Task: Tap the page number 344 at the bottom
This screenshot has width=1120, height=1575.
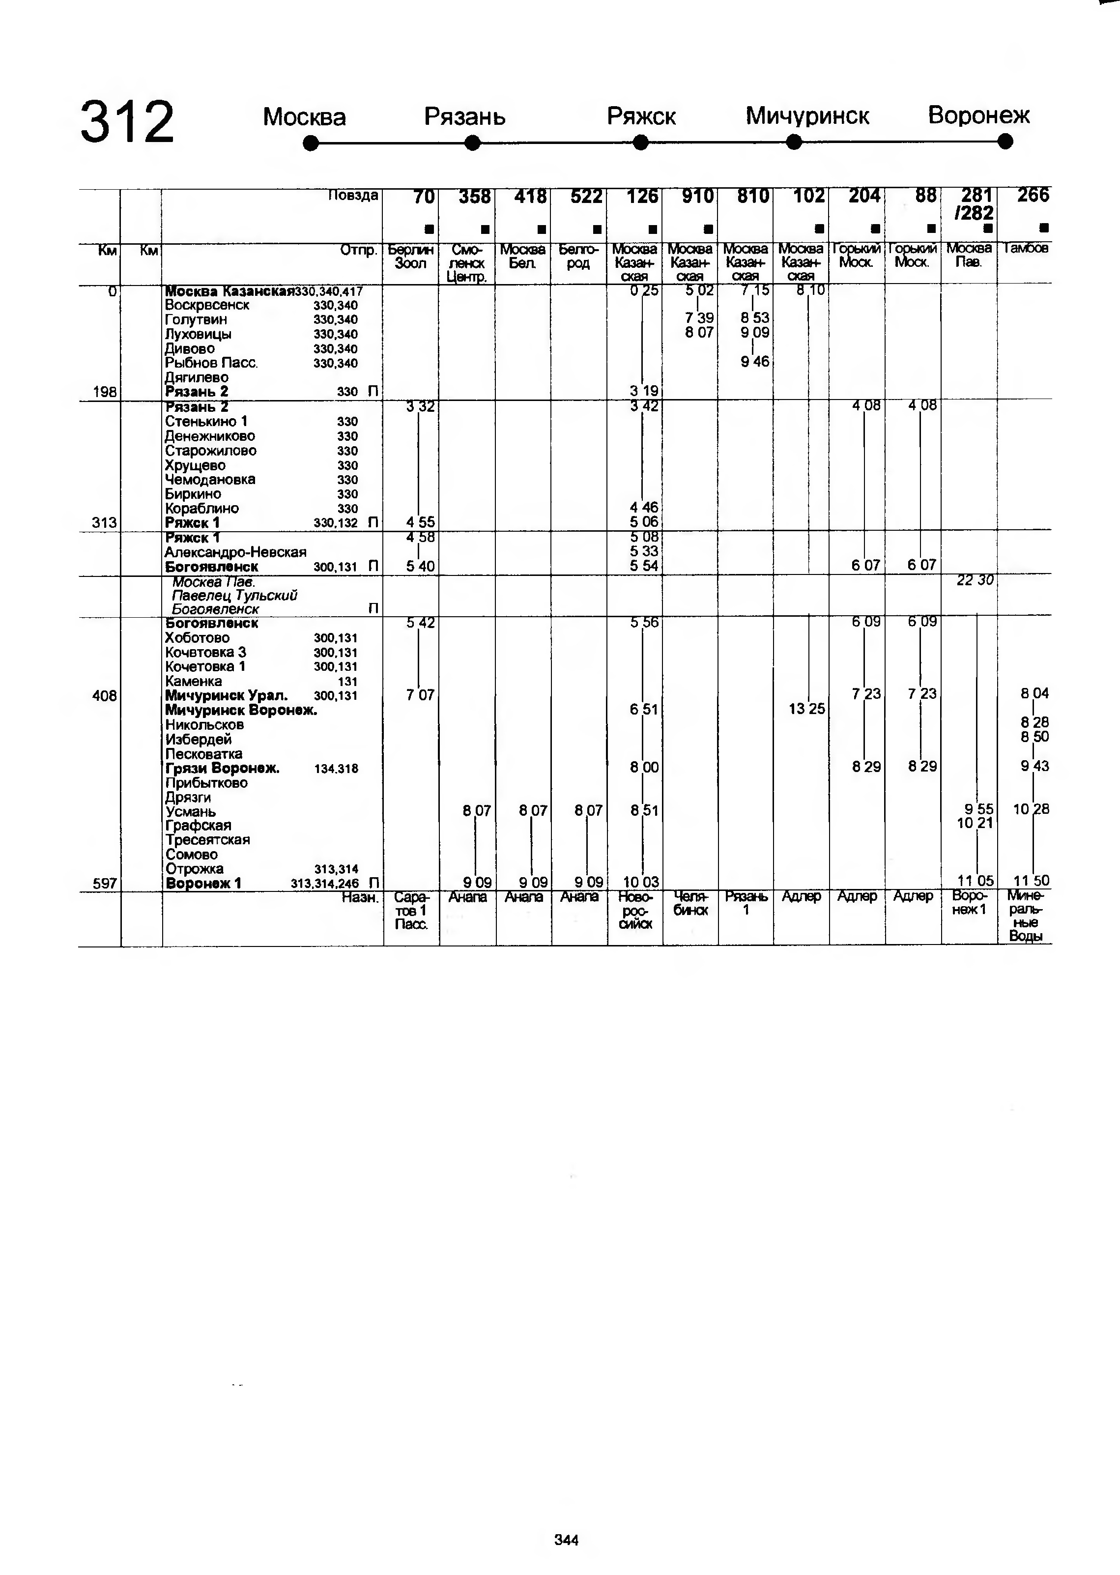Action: [x=566, y=1540]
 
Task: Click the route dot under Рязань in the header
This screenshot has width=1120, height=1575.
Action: [x=472, y=143]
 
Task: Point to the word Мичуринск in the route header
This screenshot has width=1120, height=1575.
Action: [x=807, y=116]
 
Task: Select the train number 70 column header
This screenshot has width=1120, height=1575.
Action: [x=424, y=197]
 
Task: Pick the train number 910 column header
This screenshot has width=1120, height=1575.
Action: [x=697, y=197]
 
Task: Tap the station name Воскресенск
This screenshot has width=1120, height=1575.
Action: [x=207, y=305]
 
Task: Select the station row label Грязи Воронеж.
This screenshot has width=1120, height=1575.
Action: [x=222, y=768]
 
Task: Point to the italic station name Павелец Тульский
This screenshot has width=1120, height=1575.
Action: [x=234, y=595]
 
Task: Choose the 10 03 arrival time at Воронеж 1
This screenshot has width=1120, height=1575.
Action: [x=641, y=882]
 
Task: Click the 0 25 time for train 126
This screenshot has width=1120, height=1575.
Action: [x=643, y=290]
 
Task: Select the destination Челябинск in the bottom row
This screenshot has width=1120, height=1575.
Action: [x=690, y=903]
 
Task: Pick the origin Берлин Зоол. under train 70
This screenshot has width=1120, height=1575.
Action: [x=410, y=257]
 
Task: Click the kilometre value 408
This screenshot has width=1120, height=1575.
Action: [x=104, y=696]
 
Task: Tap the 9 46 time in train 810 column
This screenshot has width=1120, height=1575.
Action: [x=754, y=362]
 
